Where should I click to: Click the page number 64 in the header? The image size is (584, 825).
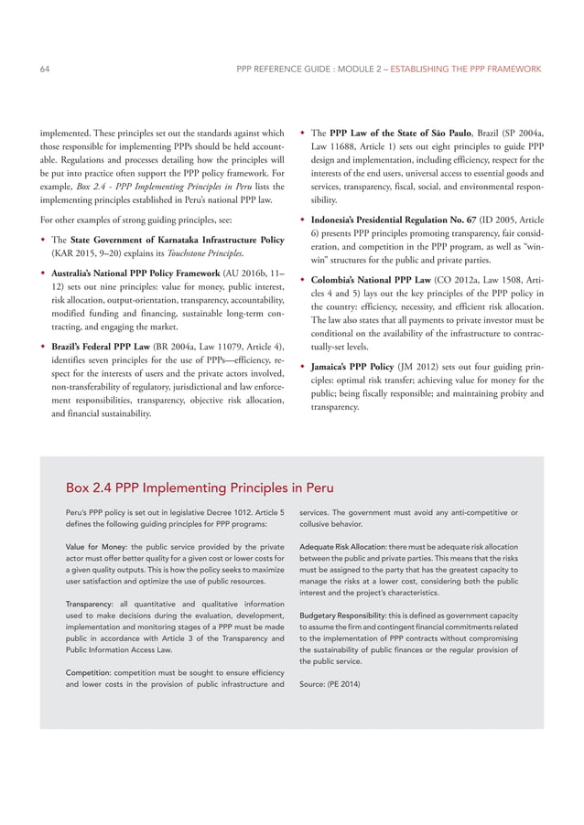point(45,70)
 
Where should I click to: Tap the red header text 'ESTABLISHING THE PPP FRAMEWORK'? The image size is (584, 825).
point(466,70)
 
